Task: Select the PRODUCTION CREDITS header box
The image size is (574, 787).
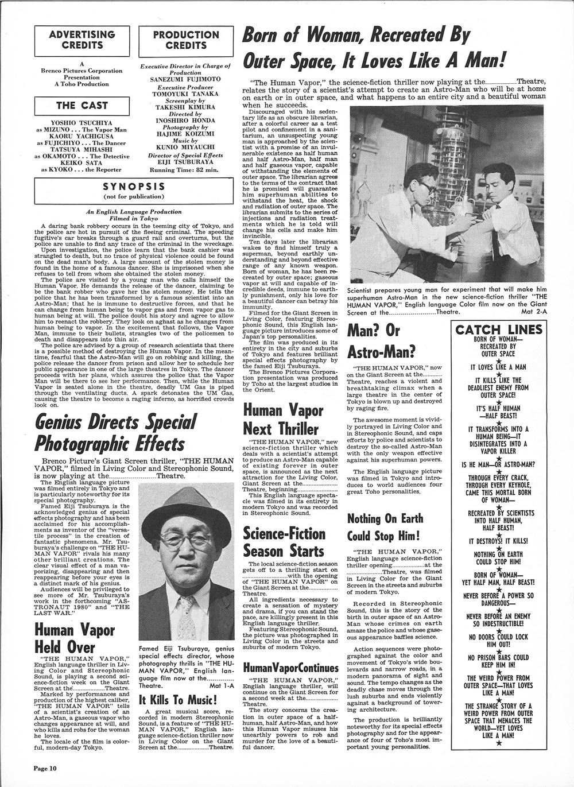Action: pyautogui.click(x=187, y=39)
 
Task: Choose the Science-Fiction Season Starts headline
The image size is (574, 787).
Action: pyautogui.click(x=284, y=542)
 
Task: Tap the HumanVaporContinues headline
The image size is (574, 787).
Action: pyautogui.click(x=291, y=668)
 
